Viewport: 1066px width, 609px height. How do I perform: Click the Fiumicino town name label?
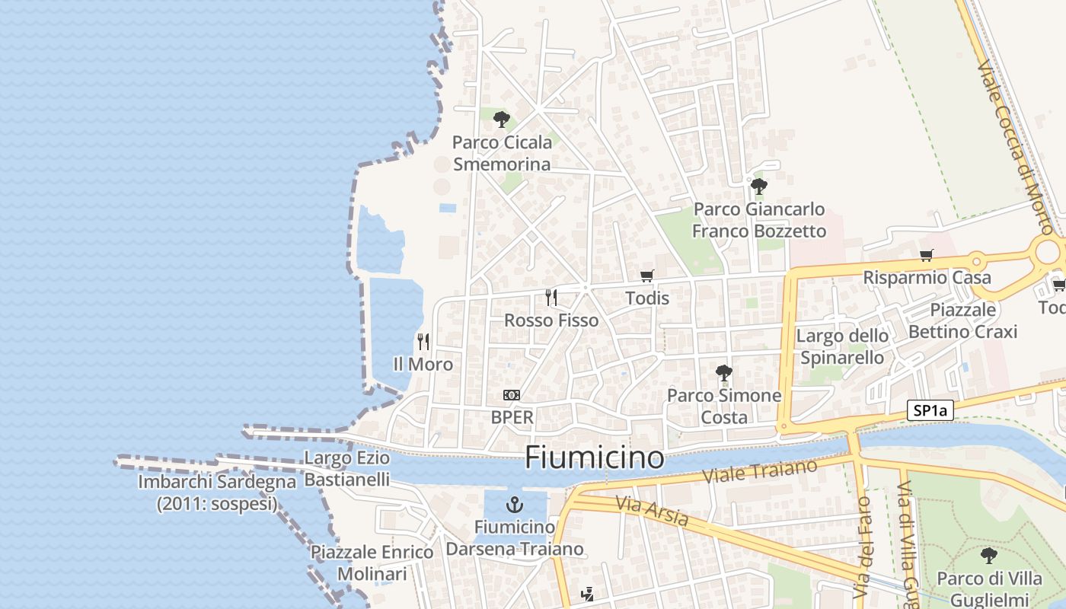(x=594, y=458)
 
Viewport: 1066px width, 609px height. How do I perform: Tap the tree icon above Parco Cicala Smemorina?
(x=501, y=119)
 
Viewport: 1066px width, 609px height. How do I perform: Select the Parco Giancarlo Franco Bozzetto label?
(x=759, y=220)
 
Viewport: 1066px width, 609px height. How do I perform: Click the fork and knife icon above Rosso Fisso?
(x=551, y=297)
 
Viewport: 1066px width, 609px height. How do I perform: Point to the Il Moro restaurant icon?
(x=423, y=341)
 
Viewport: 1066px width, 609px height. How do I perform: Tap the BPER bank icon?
(x=512, y=394)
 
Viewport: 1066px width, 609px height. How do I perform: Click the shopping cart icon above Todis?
(x=647, y=276)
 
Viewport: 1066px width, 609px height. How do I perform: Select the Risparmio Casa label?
(x=927, y=278)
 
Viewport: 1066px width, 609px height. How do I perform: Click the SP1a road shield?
(x=930, y=411)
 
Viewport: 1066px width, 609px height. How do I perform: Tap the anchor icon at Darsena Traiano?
(x=515, y=504)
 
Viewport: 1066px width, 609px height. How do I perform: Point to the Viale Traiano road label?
(x=759, y=470)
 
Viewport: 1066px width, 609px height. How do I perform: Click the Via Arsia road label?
(x=652, y=511)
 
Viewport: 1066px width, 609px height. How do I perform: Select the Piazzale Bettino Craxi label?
(x=962, y=320)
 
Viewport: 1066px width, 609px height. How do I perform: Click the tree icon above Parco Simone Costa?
(x=723, y=372)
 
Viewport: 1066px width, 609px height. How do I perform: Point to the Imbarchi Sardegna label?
(x=217, y=493)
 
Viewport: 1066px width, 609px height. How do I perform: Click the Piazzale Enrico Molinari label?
(x=372, y=563)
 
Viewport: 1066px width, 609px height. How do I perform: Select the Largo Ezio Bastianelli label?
(x=347, y=468)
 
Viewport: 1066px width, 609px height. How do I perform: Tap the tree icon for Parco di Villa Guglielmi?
(x=988, y=555)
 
